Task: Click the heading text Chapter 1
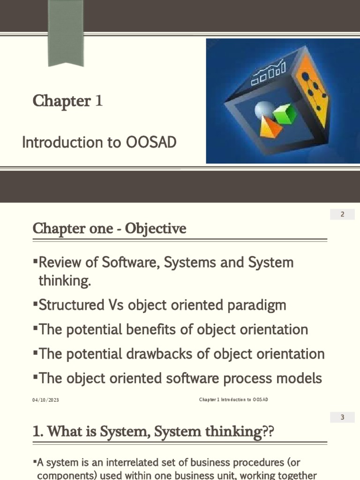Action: click(67, 101)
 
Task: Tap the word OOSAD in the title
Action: click(150, 142)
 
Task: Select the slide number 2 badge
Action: click(342, 215)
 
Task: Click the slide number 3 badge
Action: click(342, 417)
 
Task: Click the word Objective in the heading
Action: click(162, 228)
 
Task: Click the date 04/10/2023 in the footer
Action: click(45, 400)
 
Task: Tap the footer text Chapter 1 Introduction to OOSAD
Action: click(233, 399)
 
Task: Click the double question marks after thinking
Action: click(267, 432)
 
